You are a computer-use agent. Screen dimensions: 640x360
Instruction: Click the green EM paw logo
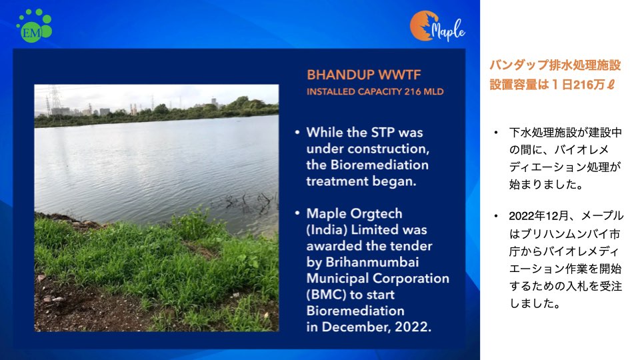tap(34, 26)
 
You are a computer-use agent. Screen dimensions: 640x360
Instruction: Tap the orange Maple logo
tap(437, 27)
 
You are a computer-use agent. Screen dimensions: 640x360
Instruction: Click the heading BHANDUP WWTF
tap(364, 75)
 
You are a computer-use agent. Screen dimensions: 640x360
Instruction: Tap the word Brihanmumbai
tap(372, 263)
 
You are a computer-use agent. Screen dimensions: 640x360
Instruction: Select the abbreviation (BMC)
tap(326, 295)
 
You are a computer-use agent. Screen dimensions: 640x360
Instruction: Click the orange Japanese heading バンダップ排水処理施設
tap(555, 65)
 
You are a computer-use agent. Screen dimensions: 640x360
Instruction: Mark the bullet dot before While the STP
tap(297, 132)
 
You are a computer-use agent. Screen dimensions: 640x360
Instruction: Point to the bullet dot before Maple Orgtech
tap(297, 213)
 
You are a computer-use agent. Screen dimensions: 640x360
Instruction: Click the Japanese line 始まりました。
tap(547, 185)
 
